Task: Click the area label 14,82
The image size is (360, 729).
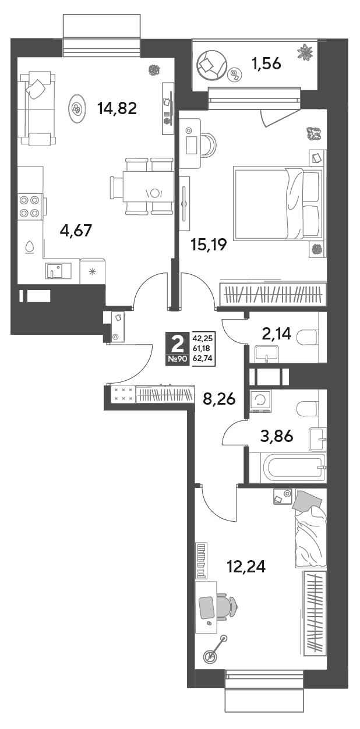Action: pos(117,108)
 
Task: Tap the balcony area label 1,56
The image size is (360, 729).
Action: pos(266,63)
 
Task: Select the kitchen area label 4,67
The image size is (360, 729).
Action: pos(76,231)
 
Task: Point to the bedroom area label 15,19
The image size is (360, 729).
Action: pos(209,245)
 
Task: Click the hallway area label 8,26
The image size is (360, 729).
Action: pos(219,399)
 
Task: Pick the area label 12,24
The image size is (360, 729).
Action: pos(246,567)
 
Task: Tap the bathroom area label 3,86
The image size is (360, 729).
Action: pos(277,436)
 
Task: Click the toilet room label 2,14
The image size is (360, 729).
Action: pos(276,334)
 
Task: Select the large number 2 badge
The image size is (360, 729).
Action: pos(178,345)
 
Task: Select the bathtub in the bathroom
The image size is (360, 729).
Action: pos(287,469)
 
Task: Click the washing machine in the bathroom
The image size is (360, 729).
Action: pos(261,401)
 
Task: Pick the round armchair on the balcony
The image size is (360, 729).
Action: pos(211,65)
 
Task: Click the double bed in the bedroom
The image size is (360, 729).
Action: pos(278,203)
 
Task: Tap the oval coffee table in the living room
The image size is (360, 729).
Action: pos(77,109)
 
